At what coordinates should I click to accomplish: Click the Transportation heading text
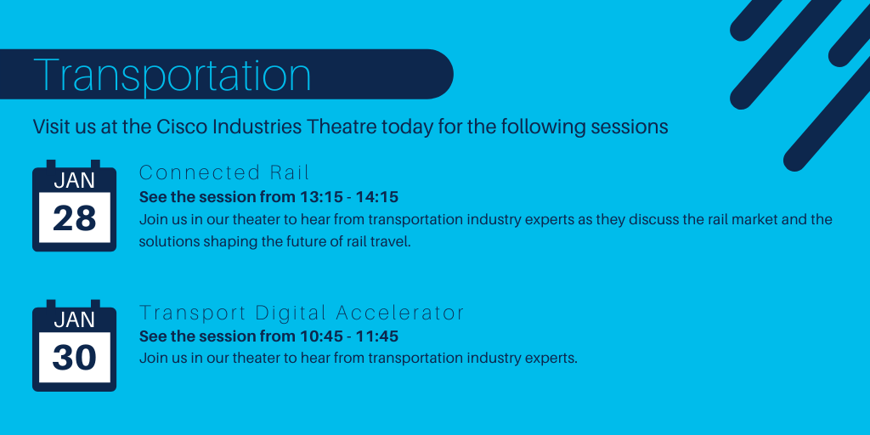click(172, 75)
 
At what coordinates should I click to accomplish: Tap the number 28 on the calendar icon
click(75, 218)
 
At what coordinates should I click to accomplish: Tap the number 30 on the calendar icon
click(75, 358)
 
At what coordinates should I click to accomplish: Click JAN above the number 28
click(75, 181)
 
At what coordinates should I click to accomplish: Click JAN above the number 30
click(75, 320)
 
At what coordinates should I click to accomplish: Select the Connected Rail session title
click(224, 172)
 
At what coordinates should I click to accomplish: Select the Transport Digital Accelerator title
click(302, 313)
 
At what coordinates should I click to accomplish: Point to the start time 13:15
click(319, 197)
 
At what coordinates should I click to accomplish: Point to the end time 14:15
click(377, 197)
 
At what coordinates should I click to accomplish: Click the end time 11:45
click(377, 336)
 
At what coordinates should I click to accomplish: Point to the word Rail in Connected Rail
click(290, 172)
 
